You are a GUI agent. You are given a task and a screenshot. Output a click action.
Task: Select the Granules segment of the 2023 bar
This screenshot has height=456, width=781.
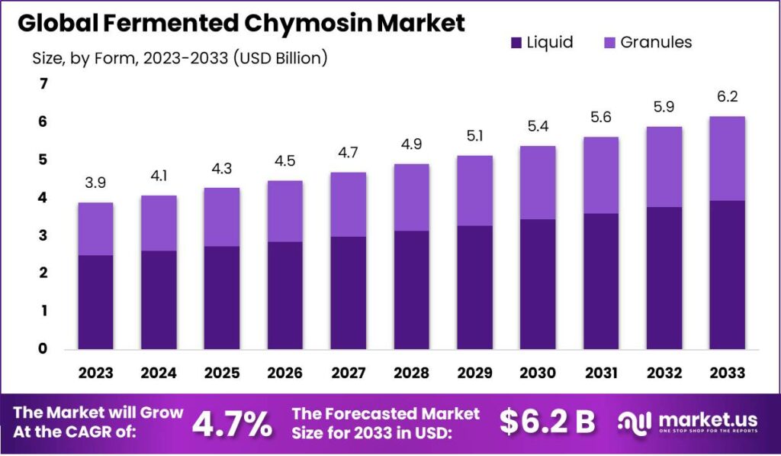(95, 228)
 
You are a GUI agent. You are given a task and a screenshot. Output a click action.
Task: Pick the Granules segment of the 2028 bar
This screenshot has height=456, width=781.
(411, 197)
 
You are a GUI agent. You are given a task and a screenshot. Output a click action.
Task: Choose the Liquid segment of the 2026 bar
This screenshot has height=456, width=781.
(284, 295)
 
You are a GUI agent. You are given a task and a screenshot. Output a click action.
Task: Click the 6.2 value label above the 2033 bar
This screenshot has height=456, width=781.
(727, 97)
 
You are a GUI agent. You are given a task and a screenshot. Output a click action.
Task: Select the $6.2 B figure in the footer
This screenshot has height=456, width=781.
(547, 422)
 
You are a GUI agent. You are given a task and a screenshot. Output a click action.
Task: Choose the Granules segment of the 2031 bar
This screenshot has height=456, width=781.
(600, 175)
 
